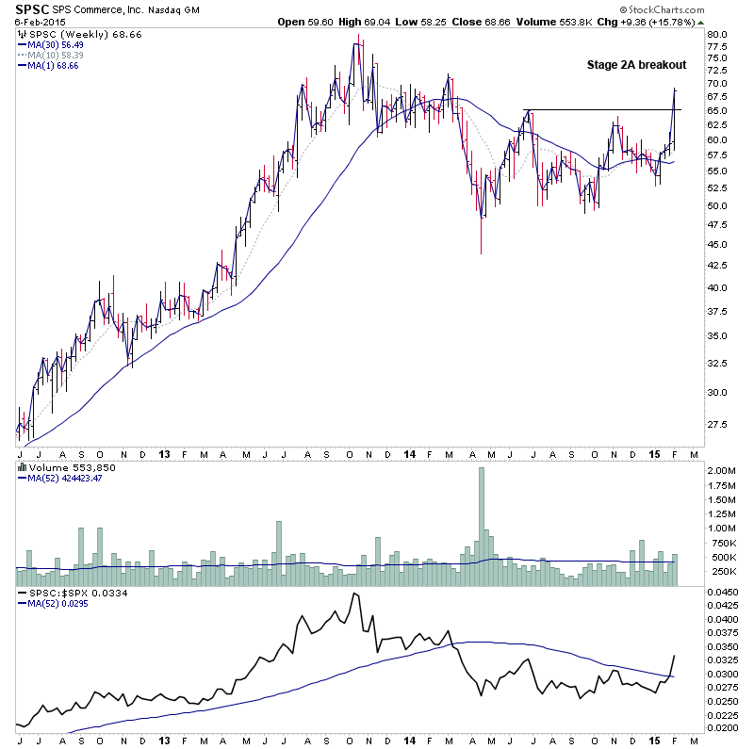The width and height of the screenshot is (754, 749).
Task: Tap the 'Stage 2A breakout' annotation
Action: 636,65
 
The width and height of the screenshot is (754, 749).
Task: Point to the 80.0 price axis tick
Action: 718,35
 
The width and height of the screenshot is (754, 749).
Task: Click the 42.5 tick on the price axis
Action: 718,266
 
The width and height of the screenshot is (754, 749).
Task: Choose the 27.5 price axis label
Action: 718,426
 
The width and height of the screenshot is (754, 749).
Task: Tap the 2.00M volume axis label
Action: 722,470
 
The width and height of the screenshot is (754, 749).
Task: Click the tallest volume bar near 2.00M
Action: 481,516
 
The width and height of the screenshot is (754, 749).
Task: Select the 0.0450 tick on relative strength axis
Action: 724,593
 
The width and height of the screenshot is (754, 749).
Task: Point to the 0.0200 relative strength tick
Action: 724,728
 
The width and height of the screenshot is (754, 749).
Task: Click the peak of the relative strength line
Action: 354,594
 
